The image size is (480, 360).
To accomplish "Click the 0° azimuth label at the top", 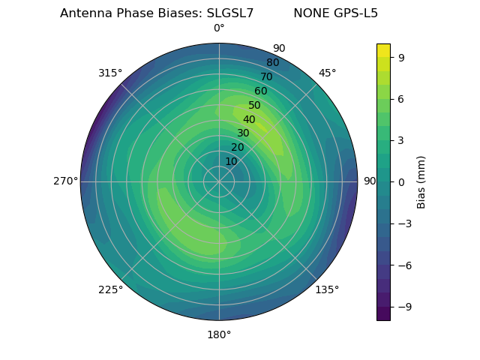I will [219, 28].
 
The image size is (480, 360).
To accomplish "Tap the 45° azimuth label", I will [327, 73].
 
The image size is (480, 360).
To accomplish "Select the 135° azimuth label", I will [327, 289].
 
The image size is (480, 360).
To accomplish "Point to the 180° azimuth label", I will [219, 334].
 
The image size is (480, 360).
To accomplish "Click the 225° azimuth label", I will [110, 289].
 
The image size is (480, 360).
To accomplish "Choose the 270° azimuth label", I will [65, 181].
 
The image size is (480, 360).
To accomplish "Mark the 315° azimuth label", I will [110, 73].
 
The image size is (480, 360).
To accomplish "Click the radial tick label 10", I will [231, 161].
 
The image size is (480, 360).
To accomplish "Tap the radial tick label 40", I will [249, 119].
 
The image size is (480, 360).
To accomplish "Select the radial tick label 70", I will [267, 76].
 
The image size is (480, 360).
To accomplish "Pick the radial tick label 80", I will [273, 62].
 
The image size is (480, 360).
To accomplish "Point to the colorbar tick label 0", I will [400, 181].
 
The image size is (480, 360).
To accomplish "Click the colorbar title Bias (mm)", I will [421, 181].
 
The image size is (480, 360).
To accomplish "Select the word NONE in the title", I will [310, 13].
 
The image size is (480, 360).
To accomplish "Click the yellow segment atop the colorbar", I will [383, 50].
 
